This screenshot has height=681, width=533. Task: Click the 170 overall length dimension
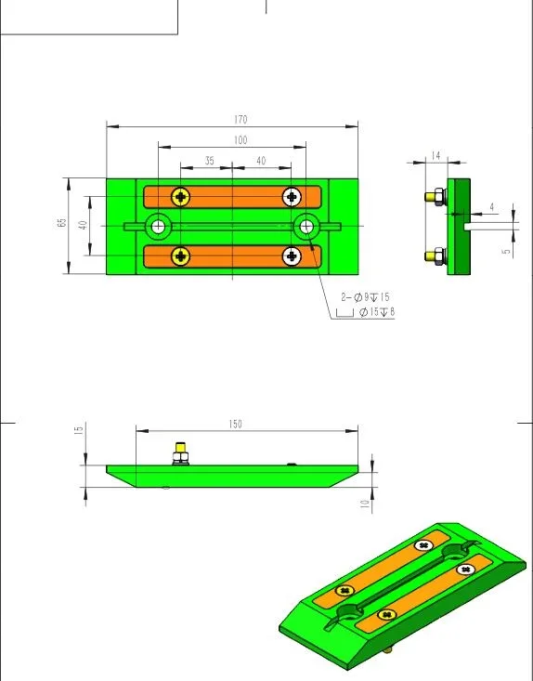pos(240,120)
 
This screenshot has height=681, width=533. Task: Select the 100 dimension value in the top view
pos(240,140)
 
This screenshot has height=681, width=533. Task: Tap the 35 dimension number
pos(210,161)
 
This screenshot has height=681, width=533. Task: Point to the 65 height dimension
pos(62,222)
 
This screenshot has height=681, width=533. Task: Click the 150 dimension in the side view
pos(235,424)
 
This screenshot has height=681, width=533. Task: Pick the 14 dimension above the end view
pos(435,155)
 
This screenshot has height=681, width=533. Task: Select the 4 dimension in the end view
pos(492,207)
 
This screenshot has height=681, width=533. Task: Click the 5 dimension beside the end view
pos(506,251)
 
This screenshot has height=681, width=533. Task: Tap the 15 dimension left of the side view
pos(79,430)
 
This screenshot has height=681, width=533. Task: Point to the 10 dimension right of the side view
pos(365,504)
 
